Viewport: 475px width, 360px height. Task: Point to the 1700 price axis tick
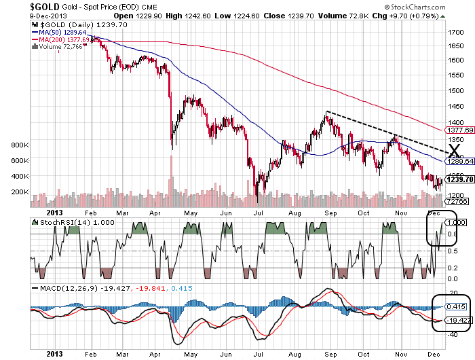point(456,33)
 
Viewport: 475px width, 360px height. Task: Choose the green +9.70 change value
point(415,16)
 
